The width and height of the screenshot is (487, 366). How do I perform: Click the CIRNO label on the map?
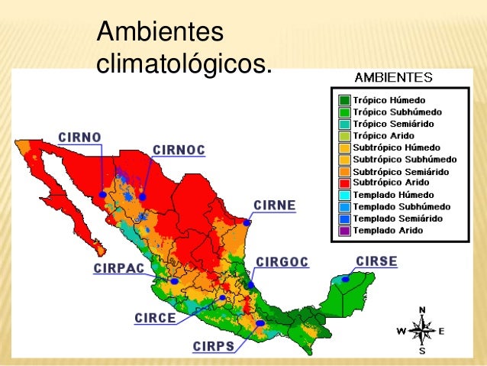click(x=79, y=138)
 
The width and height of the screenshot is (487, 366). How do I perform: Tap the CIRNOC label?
click(x=179, y=150)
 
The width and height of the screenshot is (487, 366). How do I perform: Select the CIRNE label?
click(x=275, y=206)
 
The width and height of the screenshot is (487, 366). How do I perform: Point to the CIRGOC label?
click(x=282, y=262)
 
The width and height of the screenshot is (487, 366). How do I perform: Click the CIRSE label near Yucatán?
click(x=376, y=261)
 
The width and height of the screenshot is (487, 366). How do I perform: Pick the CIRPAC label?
click(x=118, y=269)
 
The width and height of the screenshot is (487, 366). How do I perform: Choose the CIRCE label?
click(x=155, y=317)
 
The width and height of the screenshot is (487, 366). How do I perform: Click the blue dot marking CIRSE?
click(x=346, y=279)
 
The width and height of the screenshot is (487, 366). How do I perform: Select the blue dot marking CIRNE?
click(x=247, y=222)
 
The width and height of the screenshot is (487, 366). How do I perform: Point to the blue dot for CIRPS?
click(x=260, y=323)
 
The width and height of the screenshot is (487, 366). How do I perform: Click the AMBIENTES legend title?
click(x=394, y=77)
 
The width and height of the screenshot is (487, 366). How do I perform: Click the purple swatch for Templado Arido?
click(x=343, y=230)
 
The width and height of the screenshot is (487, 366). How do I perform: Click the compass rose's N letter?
click(x=422, y=310)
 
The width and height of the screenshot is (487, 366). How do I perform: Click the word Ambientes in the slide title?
click(x=160, y=32)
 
